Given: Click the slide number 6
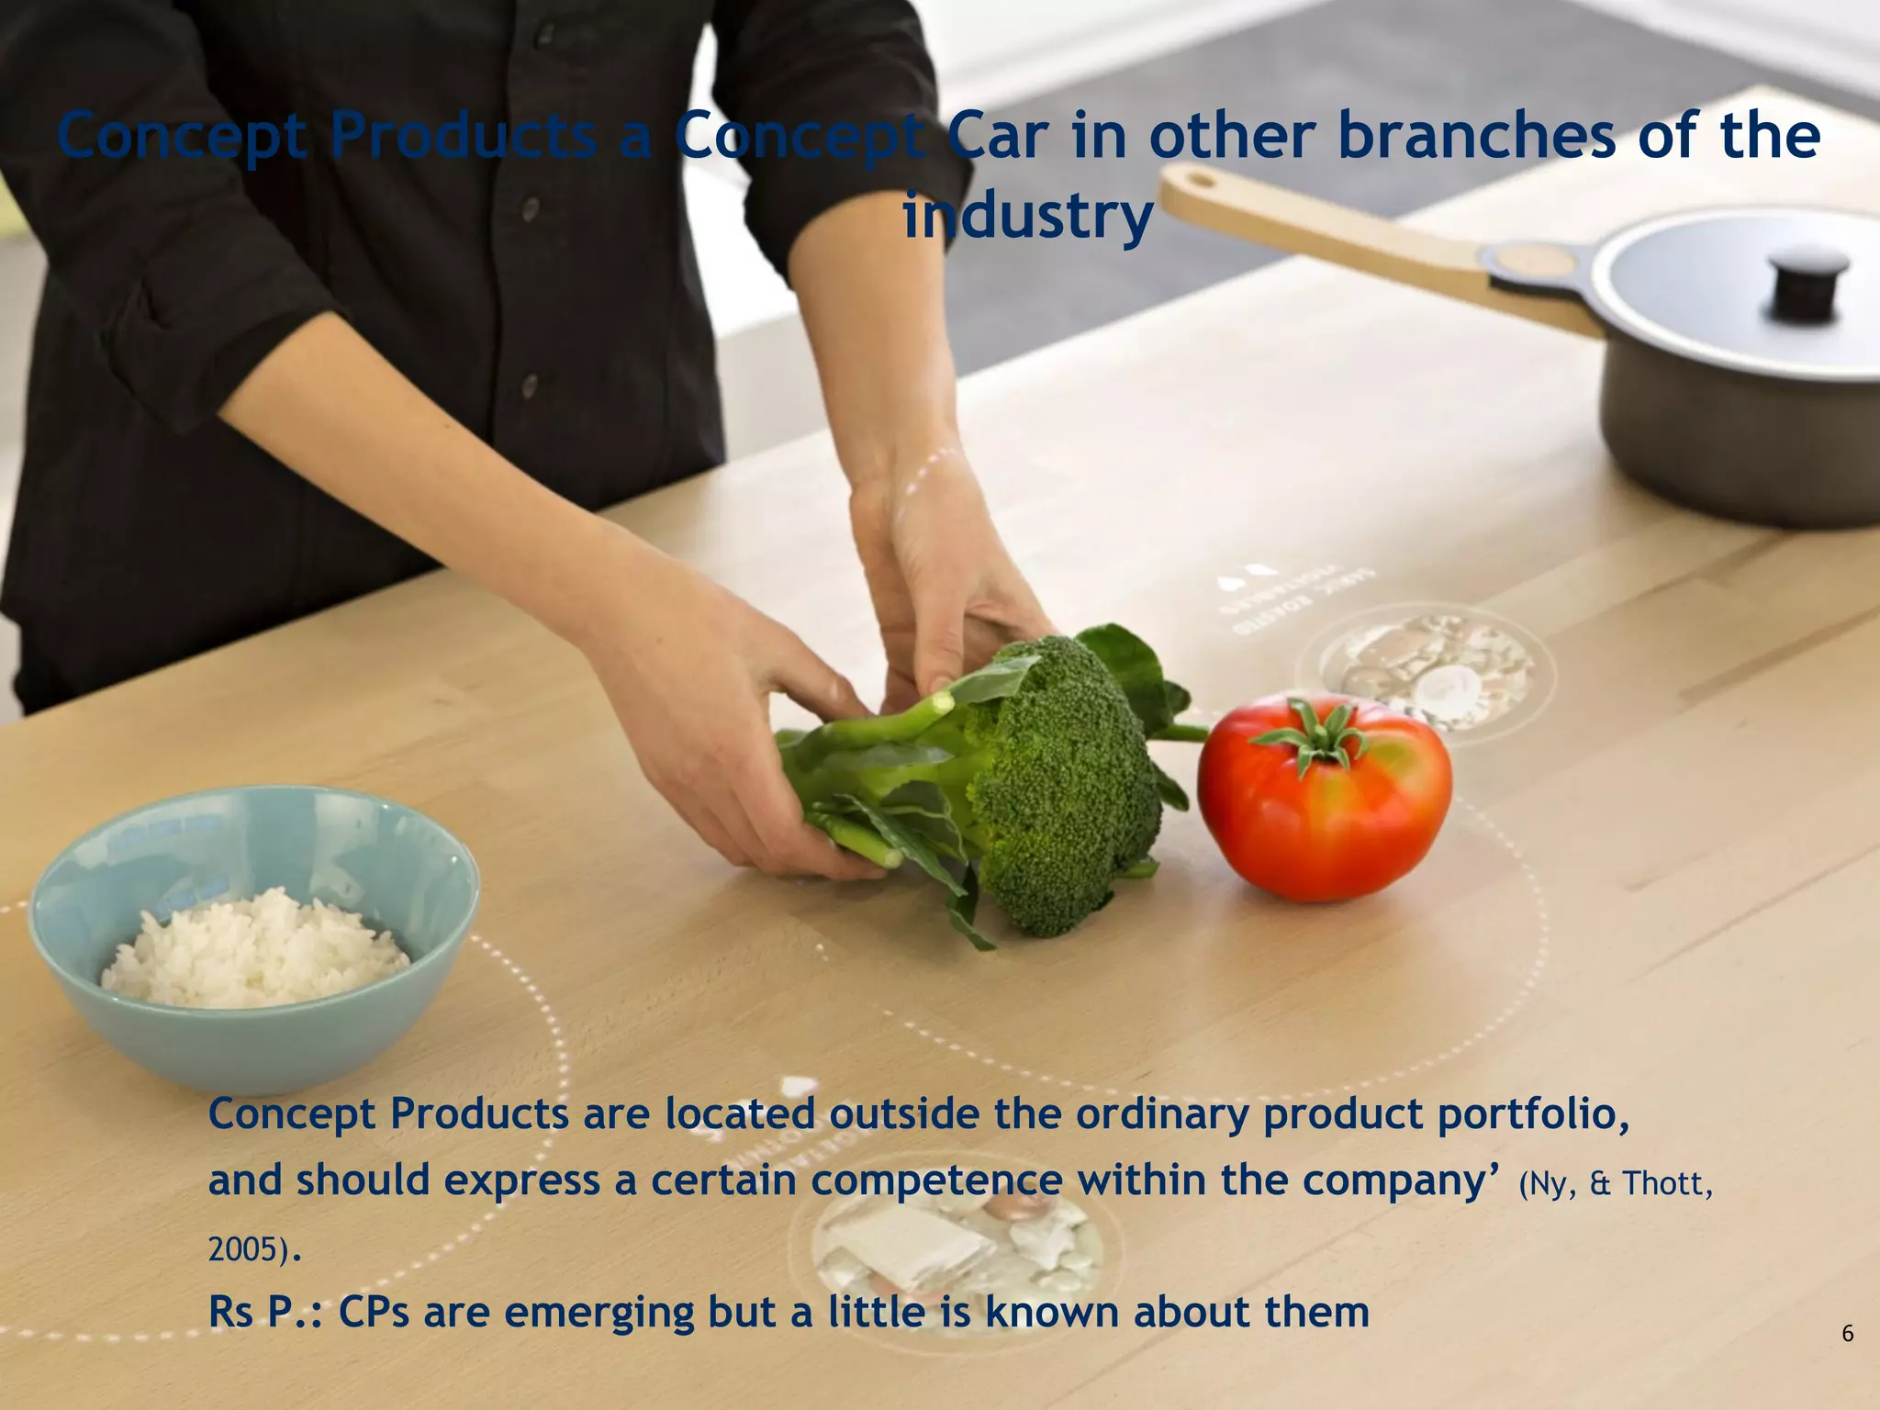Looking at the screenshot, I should click(x=1847, y=1333).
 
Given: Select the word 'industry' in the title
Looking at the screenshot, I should click(x=1028, y=217).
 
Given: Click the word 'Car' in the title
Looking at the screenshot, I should click(x=997, y=137).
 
